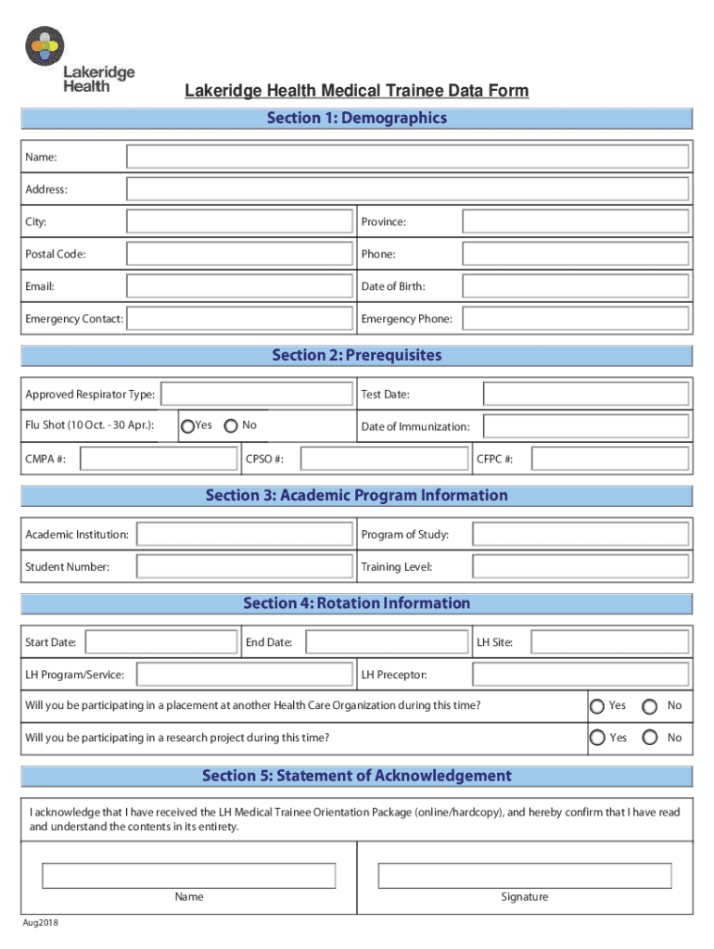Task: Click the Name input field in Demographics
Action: click(407, 157)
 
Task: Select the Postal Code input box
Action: click(239, 254)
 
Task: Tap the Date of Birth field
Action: click(575, 286)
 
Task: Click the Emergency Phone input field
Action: click(575, 319)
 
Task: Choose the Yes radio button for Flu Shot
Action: click(187, 426)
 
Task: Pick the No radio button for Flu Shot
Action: click(230, 426)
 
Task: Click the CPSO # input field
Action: click(385, 459)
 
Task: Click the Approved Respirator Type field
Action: click(257, 395)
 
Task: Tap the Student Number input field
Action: click(244, 566)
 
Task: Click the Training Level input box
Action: click(580, 566)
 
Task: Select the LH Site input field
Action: click(609, 642)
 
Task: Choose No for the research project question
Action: click(651, 738)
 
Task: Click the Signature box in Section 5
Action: click(525, 876)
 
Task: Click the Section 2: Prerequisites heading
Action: click(357, 356)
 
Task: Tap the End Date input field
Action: click(387, 642)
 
